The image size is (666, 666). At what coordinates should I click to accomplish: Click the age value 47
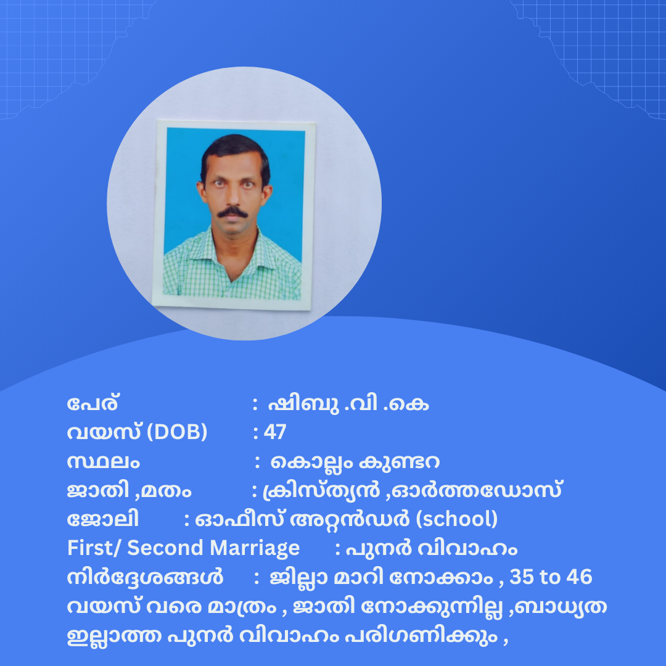pos(275,432)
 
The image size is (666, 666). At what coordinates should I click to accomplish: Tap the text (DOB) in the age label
pos(177,432)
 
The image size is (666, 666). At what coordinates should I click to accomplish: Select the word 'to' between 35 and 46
pos(550,577)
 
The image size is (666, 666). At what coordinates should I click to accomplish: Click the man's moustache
pos(232,212)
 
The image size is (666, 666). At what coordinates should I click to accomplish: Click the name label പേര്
pos(92,403)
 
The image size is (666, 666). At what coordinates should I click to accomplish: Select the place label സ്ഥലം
pos(103,462)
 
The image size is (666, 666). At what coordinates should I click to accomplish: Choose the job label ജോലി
pos(103,519)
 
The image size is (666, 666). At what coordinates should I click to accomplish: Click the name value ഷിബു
pos(303,404)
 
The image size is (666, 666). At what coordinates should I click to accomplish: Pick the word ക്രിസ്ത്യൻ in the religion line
pos(321,491)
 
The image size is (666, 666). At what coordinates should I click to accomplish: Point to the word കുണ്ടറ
pos(399,462)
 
